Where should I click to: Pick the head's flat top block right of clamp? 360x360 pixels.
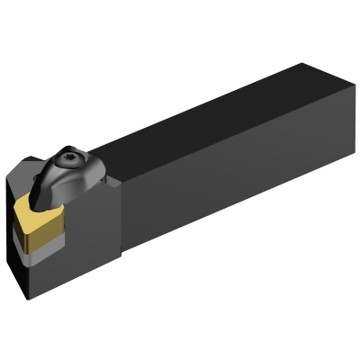(108, 184)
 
